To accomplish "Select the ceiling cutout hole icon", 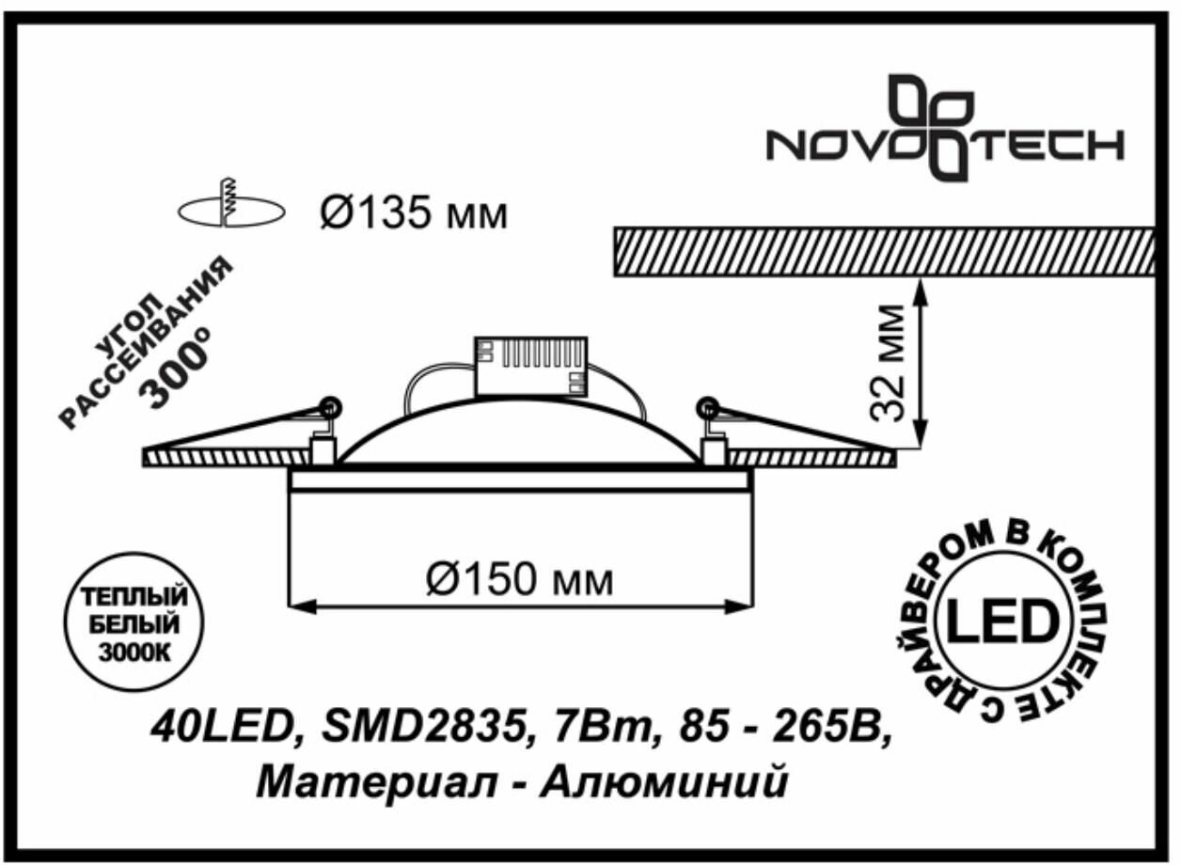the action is [x=230, y=209].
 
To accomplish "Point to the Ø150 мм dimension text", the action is [x=518, y=579].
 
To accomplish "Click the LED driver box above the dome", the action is [x=530, y=367].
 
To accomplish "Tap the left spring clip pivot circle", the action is [x=329, y=407].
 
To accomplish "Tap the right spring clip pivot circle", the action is [x=708, y=407].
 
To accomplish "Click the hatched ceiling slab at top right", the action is [x=884, y=251].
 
